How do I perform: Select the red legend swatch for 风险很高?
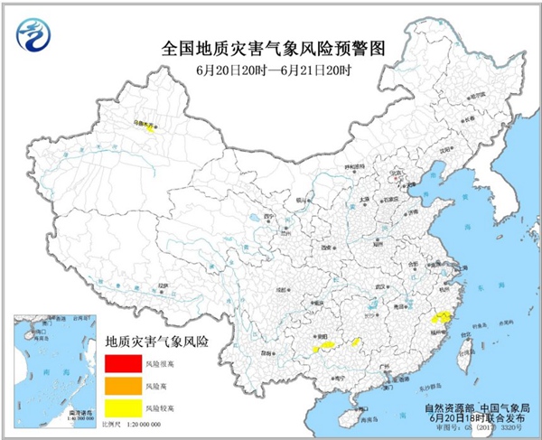point(118,364)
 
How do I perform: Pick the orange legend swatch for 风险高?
point(118,386)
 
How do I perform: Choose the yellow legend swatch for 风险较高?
point(118,407)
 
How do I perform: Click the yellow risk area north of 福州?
point(441,318)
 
